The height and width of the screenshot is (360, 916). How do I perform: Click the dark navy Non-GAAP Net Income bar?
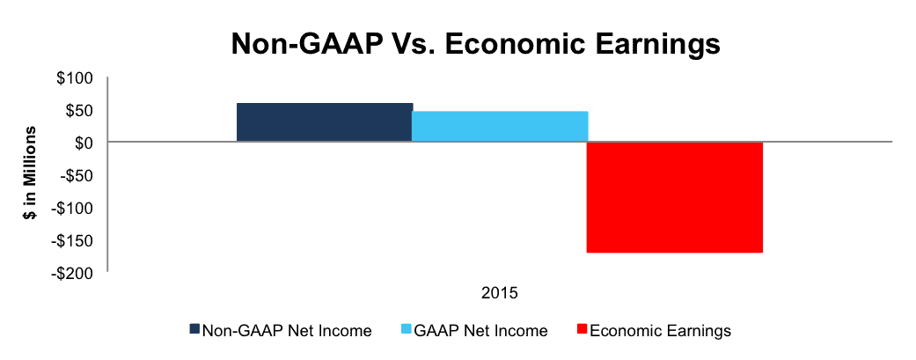[324, 122]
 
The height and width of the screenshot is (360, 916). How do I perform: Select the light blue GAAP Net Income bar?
[500, 126]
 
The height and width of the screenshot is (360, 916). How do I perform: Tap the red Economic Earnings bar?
[675, 197]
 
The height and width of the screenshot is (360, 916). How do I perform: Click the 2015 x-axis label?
[500, 292]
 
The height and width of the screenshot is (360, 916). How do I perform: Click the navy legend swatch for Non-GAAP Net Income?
[194, 329]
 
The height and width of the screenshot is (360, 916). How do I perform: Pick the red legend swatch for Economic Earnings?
[582, 329]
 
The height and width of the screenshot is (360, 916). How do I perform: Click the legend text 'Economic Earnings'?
[660, 331]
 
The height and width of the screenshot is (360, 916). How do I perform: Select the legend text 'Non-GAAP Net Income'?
[287, 331]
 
